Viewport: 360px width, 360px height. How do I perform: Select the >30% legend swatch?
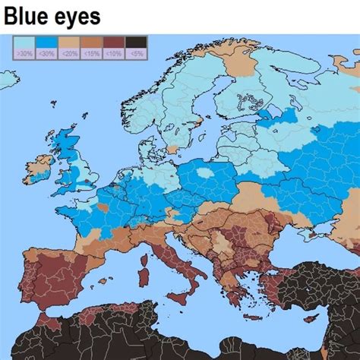click(24, 47)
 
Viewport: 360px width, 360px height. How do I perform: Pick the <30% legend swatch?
click(46, 47)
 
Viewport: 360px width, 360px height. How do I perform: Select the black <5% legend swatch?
click(136, 47)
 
